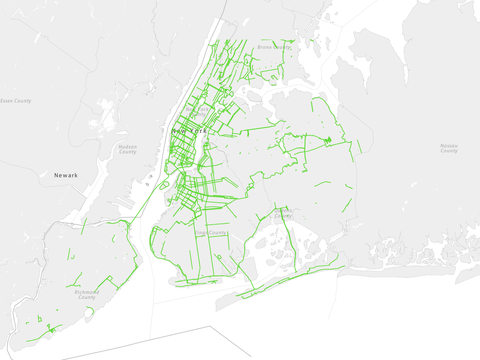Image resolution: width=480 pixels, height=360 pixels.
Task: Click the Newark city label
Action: (66, 175)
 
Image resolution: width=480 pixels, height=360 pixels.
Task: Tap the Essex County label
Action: (16, 101)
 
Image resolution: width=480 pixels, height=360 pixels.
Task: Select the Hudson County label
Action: (128, 149)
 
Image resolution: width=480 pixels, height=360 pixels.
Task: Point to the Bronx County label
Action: (274, 47)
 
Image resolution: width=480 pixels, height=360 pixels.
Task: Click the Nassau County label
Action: (449, 148)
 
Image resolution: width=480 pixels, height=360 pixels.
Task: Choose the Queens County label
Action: (283, 213)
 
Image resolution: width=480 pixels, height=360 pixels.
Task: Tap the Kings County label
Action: (211, 233)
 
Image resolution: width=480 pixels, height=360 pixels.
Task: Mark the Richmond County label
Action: (87, 295)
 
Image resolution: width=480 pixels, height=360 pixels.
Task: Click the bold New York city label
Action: (189, 131)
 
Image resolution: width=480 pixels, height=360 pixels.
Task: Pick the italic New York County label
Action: (197, 112)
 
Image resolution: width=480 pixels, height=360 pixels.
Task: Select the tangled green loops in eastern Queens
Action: (328, 141)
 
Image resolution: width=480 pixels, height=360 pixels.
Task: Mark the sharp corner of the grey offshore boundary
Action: (210, 327)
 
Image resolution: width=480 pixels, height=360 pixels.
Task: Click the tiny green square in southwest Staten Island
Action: (39, 319)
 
